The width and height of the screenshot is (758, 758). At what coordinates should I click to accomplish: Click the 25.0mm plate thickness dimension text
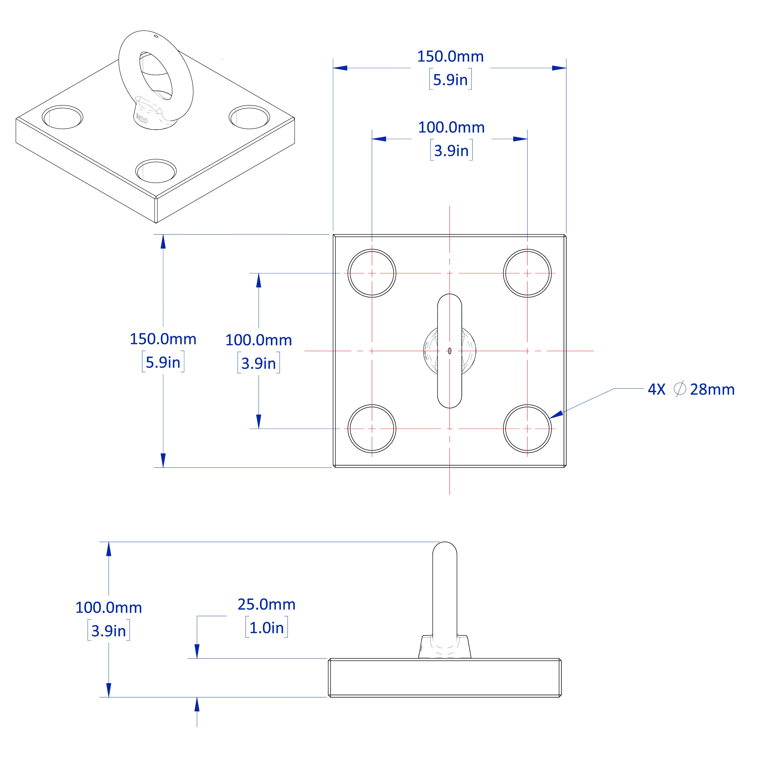pos(266,605)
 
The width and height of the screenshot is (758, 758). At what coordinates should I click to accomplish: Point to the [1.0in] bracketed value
pos(266,628)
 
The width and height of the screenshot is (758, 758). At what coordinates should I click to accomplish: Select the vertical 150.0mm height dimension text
pos(163,339)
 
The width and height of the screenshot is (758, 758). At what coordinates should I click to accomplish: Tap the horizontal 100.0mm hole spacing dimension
pos(451,128)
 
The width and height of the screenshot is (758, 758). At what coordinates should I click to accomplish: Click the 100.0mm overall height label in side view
pos(108,608)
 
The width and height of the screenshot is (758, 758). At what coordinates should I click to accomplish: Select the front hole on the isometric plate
pos(156,171)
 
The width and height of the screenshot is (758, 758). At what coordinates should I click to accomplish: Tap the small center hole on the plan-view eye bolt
pos(450,351)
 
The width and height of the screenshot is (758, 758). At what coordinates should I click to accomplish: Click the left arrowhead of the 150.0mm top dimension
pos(340,68)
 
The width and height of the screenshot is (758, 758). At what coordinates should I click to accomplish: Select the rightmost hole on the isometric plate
pos(249,117)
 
